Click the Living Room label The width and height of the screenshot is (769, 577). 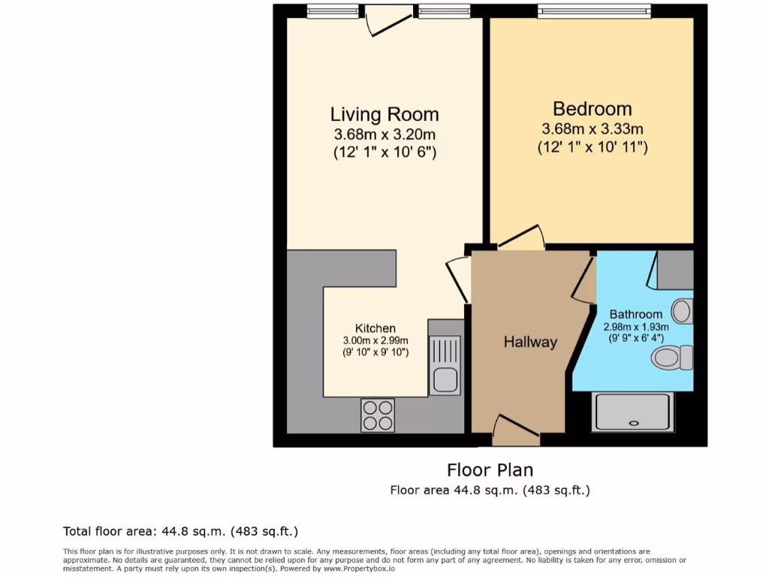click(384, 115)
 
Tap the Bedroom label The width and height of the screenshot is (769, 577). click(592, 109)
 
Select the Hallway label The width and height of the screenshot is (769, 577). click(530, 343)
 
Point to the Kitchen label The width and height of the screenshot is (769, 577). click(375, 328)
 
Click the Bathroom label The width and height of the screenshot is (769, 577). click(635, 314)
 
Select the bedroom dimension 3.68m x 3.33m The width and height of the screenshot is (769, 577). click(592, 129)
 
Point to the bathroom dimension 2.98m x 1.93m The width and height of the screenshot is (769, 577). click(635, 327)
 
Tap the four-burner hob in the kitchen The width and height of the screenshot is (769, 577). click(378, 415)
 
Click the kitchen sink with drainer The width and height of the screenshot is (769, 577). click(445, 365)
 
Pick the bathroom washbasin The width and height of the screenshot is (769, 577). click(682, 310)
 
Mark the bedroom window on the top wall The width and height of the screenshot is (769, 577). click(591, 11)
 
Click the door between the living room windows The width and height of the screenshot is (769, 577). click(388, 19)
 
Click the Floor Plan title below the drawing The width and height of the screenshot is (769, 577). click(490, 470)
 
